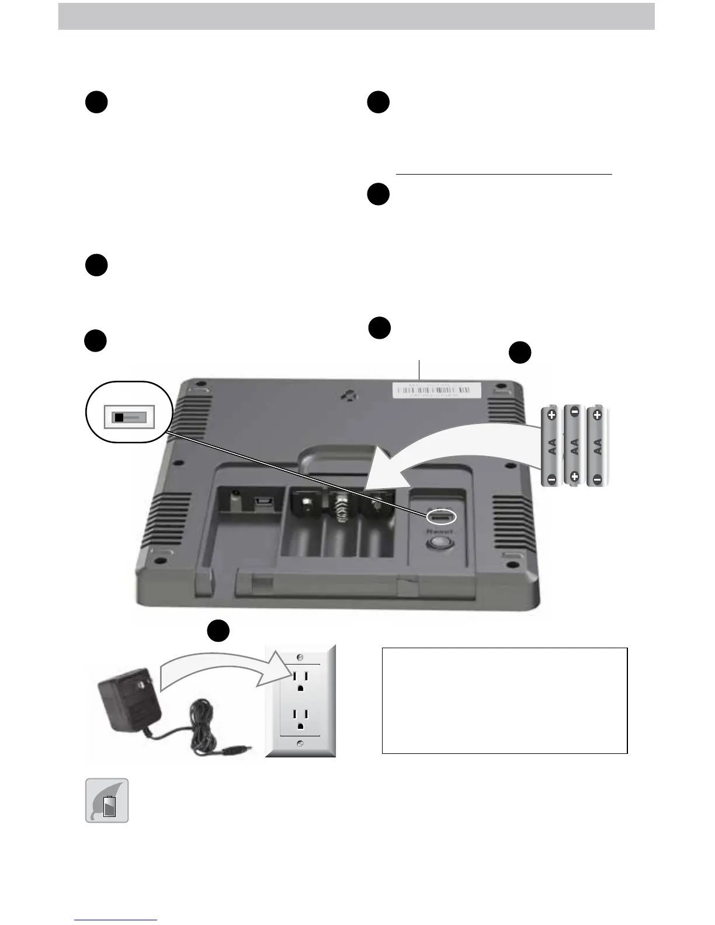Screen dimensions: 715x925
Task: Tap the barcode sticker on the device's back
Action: [x=437, y=390]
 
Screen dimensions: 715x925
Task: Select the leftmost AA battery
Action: [x=551, y=447]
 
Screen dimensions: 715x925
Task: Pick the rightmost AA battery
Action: [x=597, y=446]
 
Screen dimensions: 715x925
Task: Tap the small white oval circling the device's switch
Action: [x=442, y=517]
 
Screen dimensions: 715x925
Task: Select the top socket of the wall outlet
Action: [x=300, y=679]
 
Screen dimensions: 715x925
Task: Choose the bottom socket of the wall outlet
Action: [x=300, y=719]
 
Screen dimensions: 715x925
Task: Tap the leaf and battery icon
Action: [x=107, y=801]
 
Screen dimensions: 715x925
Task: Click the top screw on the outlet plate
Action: [x=300, y=655]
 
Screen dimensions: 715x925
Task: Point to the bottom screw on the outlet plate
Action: [x=300, y=743]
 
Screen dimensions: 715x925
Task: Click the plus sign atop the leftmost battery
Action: [x=551, y=415]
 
